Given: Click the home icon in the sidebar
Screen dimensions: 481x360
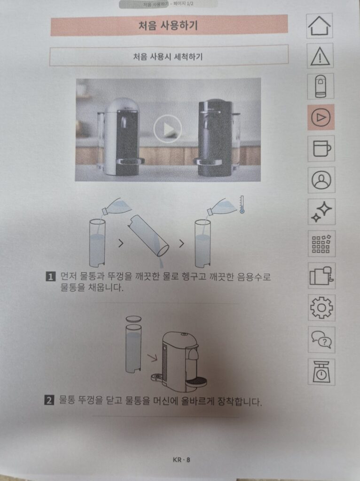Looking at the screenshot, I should [320, 26].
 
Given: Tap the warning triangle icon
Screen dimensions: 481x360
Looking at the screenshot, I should [321, 56].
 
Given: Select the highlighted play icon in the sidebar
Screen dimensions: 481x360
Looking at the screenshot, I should [321, 117].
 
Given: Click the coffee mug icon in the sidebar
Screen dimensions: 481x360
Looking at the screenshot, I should [321, 148].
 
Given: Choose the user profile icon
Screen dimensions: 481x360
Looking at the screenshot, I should [321, 179].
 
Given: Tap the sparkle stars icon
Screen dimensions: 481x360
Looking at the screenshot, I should [321, 211].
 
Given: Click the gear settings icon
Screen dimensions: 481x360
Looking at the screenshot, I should [322, 308].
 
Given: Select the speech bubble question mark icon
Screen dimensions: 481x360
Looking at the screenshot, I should [322, 340].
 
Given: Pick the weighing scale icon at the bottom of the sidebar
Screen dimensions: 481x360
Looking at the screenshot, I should [322, 372].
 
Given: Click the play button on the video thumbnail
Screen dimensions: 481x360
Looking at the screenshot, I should [167, 128].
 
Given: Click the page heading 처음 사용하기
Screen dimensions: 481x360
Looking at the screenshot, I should [169, 25].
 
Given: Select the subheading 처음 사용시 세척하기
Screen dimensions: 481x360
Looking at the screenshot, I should [168, 56].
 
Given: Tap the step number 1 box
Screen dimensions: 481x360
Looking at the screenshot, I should [50, 277].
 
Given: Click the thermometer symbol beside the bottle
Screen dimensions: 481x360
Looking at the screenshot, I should [242, 205].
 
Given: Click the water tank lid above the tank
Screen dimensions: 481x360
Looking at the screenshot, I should [133, 318].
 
